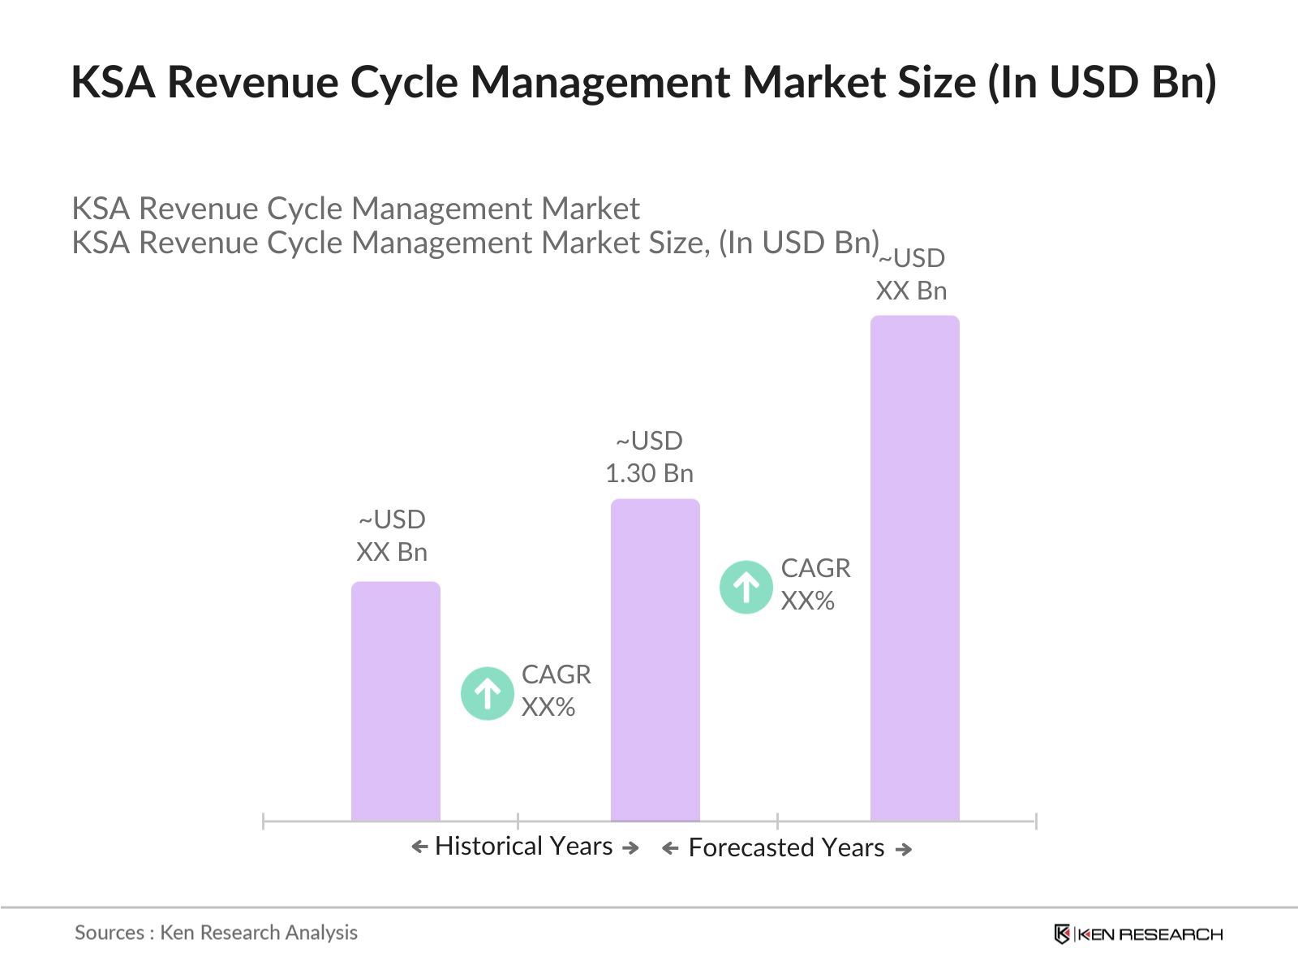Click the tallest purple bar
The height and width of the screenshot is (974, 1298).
pos(914,568)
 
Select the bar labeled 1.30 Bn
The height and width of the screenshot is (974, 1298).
pos(655,659)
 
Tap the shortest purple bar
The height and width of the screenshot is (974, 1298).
pos(395,701)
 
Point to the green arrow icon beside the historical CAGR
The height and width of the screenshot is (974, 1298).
pos(487,693)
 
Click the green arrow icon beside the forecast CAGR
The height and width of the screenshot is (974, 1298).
pos(746,587)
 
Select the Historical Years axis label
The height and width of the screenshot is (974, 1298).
pos(523,846)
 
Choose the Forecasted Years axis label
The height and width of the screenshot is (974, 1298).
pos(786,847)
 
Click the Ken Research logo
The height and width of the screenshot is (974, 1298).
pos(1138,934)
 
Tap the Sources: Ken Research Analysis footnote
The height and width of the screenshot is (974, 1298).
pos(216,933)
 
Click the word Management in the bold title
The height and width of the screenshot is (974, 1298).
pos(600,82)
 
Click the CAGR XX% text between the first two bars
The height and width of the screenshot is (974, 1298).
pos(555,691)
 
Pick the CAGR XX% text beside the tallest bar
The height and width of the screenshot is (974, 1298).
pos(814,584)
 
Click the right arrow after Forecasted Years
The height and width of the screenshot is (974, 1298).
pos(903,849)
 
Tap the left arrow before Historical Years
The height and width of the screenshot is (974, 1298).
pos(419,847)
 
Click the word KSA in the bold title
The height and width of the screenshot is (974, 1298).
pos(113,82)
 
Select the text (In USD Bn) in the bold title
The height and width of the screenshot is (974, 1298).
pos(1102,82)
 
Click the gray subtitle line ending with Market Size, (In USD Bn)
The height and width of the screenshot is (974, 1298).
pos(475,243)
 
